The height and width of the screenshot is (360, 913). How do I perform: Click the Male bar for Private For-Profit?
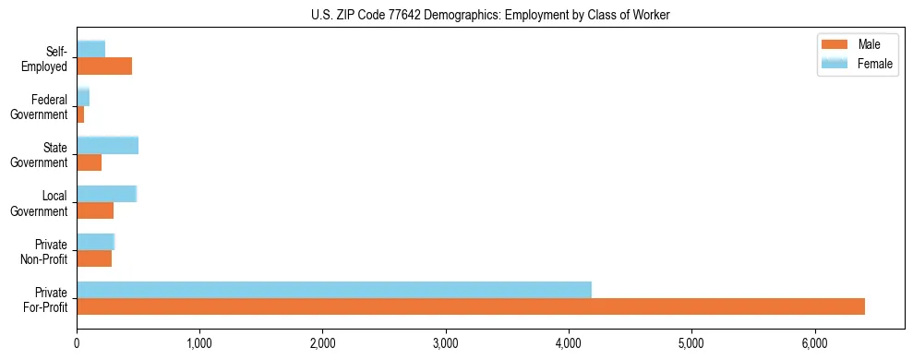471,306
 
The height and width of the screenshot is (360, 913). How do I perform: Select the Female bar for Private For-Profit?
334,290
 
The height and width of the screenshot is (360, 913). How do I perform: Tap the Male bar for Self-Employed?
104,66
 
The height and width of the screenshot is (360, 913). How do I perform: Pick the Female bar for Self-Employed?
91,49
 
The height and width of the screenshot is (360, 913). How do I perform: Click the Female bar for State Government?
108,145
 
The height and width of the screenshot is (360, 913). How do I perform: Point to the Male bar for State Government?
90,162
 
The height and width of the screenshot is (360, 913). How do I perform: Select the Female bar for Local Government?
107,194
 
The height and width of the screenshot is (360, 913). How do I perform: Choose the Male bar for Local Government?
95,210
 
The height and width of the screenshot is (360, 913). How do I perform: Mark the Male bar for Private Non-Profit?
94,258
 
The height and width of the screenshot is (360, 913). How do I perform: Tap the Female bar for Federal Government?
83,97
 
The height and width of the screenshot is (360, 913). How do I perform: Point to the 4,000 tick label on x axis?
569,343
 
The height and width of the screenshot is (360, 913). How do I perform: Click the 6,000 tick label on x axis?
814,343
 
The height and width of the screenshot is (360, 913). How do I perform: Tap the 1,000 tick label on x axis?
199,343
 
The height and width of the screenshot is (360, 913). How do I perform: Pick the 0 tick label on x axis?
77,343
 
